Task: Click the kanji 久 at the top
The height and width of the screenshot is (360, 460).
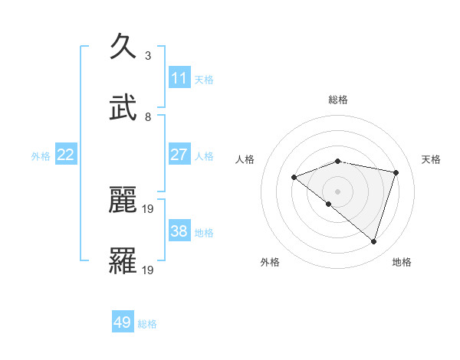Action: click(x=124, y=47)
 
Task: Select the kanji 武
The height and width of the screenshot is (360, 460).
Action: click(x=124, y=108)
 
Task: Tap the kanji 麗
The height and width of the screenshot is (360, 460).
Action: click(x=124, y=200)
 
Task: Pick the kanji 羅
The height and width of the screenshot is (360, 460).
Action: click(x=124, y=261)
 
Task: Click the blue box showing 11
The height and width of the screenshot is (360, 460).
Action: click(x=179, y=78)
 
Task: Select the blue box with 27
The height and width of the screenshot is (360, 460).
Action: click(x=179, y=155)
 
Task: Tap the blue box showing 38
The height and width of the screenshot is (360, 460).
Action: click(x=179, y=231)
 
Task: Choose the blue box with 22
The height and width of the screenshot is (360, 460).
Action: click(x=66, y=155)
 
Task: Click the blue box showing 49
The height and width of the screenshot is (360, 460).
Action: click(x=123, y=322)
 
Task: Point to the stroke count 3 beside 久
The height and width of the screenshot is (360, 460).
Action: click(x=148, y=55)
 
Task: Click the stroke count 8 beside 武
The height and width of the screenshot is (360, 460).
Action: click(x=148, y=116)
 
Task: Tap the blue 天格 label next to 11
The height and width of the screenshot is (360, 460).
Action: click(x=204, y=79)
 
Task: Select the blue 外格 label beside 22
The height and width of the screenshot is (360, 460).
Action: click(x=41, y=155)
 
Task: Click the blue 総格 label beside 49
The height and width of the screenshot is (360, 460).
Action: click(x=147, y=323)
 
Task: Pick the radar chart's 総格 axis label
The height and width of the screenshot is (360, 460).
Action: click(x=338, y=100)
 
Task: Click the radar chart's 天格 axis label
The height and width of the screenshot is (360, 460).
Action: click(x=432, y=159)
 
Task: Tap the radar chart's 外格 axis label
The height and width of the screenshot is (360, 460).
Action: click(x=270, y=262)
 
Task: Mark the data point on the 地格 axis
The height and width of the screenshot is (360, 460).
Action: click(x=374, y=242)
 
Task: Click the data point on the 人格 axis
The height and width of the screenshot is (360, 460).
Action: click(x=294, y=177)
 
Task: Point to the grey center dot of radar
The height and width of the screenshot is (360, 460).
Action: click(x=338, y=191)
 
